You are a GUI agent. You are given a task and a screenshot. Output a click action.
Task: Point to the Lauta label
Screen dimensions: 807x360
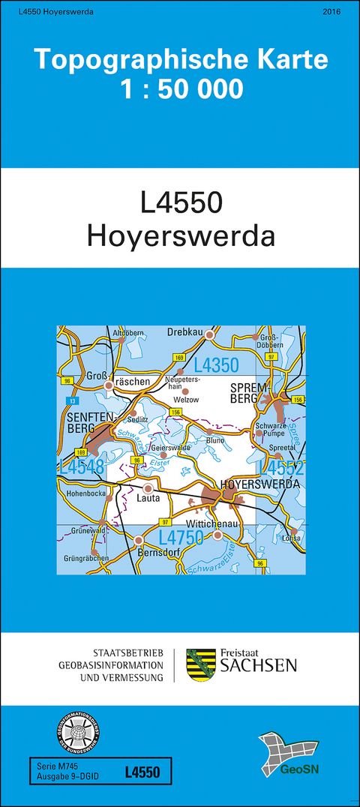click(x=148, y=496)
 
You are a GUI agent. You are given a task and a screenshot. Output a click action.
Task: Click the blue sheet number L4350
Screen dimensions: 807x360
click(x=216, y=366)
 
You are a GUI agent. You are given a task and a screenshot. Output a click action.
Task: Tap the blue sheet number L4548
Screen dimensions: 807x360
click(x=80, y=467)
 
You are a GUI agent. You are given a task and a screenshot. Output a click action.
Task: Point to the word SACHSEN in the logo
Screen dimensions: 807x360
click(x=257, y=665)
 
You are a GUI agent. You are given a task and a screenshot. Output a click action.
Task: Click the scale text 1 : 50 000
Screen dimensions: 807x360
click(x=181, y=89)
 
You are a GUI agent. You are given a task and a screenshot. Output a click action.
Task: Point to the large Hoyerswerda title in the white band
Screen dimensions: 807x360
click(x=181, y=235)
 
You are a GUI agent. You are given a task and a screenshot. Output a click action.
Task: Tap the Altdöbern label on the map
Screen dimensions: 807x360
click(x=127, y=332)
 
